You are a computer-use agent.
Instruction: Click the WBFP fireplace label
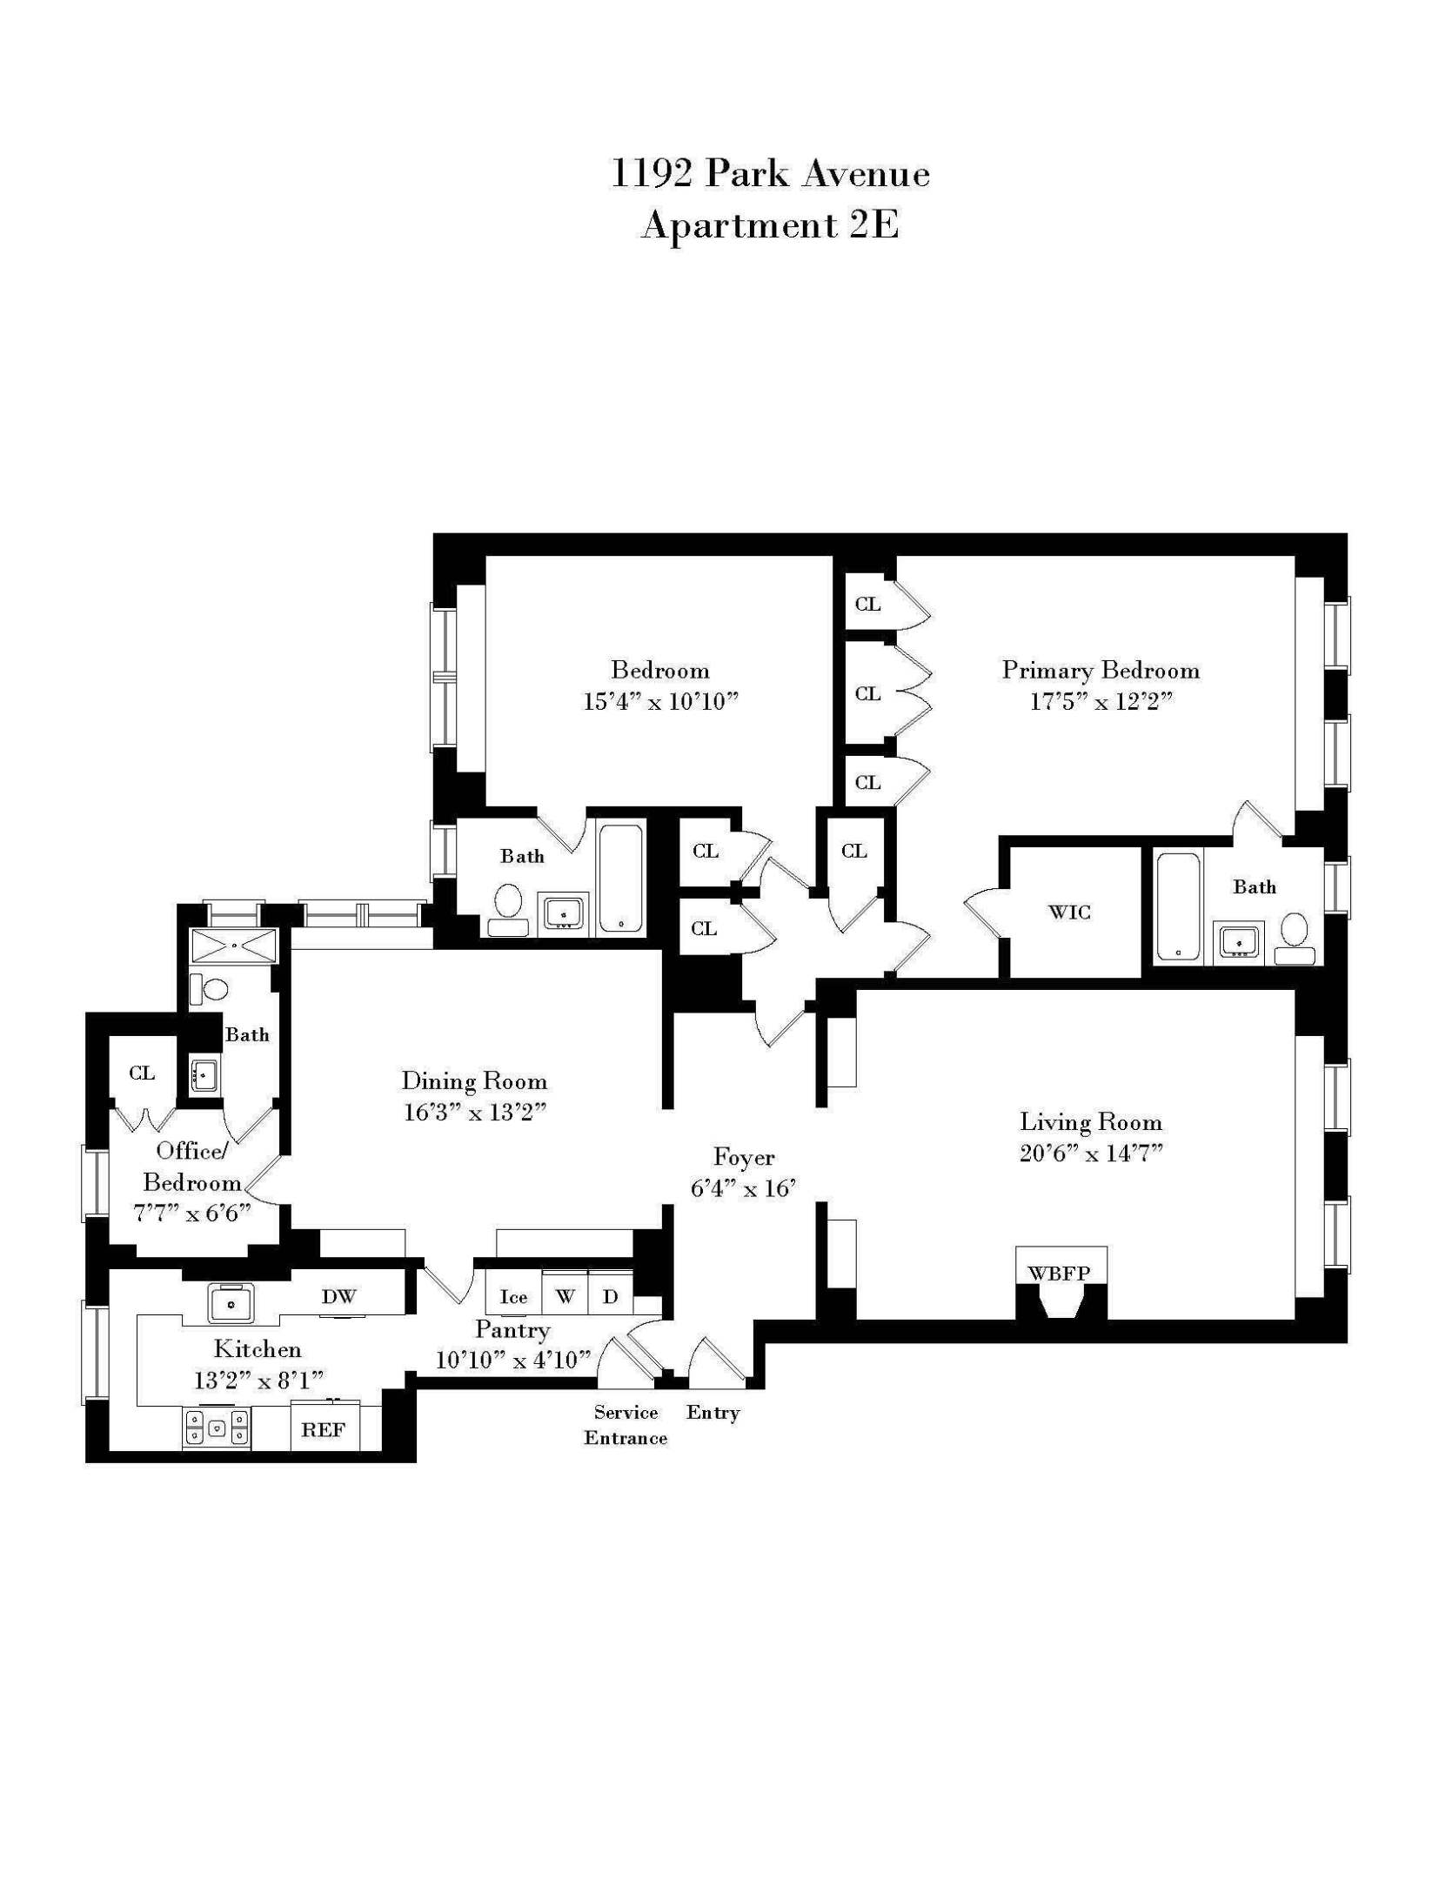[1060, 1274]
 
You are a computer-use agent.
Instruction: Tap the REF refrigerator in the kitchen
[324, 1429]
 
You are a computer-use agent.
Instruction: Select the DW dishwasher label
[338, 1297]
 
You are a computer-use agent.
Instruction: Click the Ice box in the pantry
[513, 1298]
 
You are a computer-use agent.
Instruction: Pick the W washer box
[565, 1297]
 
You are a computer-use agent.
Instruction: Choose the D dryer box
[611, 1297]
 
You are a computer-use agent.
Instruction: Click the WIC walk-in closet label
[1069, 913]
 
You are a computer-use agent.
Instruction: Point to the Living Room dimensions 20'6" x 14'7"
[1091, 1153]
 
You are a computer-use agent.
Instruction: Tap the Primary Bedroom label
[1101, 671]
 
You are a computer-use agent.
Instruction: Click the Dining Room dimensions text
[474, 1113]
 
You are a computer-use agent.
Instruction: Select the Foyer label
[743, 1157]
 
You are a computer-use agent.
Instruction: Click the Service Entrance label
[626, 1425]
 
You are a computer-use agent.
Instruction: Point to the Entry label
[713, 1413]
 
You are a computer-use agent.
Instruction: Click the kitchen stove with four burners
[216, 1428]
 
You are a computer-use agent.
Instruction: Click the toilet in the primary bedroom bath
[1295, 930]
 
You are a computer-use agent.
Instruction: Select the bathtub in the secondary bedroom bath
[621, 879]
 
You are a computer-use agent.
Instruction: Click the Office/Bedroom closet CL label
[142, 1073]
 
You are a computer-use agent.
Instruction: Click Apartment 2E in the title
[769, 226]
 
